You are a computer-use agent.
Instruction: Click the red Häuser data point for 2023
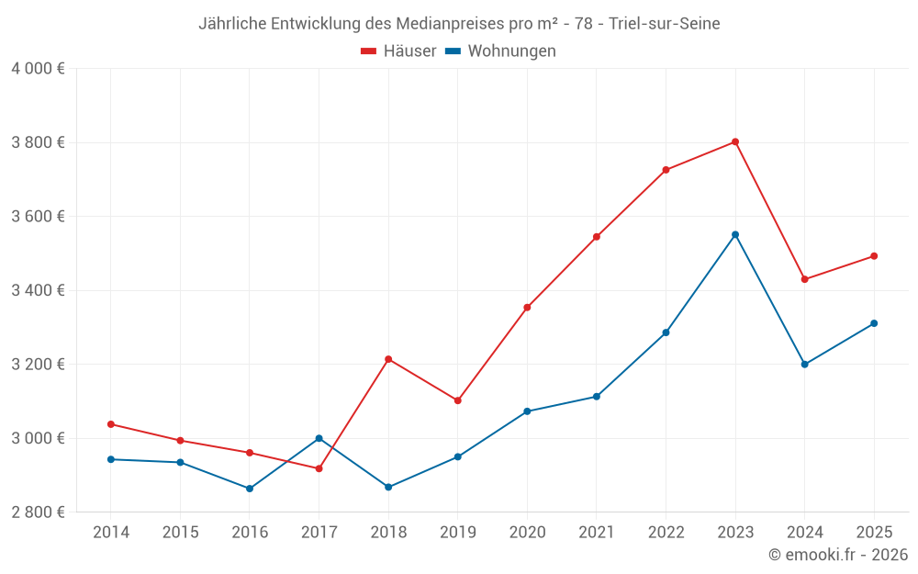tap(735, 141)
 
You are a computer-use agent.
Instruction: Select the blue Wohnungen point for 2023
tap(735, 234)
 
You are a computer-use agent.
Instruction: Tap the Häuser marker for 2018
tap(388, 359)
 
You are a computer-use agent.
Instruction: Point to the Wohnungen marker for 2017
tap(319, 438)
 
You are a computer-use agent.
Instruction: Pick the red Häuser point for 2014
tap(111, 424)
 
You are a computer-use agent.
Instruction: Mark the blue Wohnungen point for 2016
tap(250, 489)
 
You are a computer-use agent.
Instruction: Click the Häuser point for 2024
tap(805, 279)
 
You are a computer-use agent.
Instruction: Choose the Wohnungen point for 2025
tap(874, 323)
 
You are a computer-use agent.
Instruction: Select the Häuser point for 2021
tap(597, 237)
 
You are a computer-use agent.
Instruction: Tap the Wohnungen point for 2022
tap(666, 332)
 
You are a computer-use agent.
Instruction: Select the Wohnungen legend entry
tap(501, 51)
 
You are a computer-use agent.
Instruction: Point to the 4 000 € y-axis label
tap(38, 69)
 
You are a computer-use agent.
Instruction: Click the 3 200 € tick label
tap(38, 365)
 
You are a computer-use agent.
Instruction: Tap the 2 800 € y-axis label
tap(38, 512)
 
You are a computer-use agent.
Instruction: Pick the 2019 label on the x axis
tap(457, 533)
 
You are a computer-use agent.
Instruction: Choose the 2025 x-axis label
tap(874, 533)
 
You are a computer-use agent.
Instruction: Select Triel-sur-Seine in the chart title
tap(665, 23)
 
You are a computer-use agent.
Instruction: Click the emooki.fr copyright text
tap(837, 555)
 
